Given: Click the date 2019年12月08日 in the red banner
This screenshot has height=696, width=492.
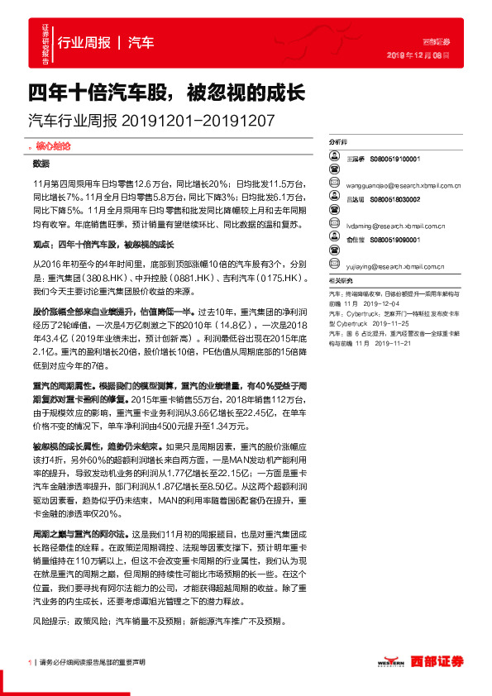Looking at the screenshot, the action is [418, 55].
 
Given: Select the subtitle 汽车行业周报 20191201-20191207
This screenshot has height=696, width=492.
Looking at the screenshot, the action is [151, 121].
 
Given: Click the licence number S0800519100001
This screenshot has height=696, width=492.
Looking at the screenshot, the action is [396, 157].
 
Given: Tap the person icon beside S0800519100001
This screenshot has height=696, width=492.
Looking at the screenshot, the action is [333, 157].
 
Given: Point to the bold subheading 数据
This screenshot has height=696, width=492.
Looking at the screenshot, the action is [41, 164].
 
